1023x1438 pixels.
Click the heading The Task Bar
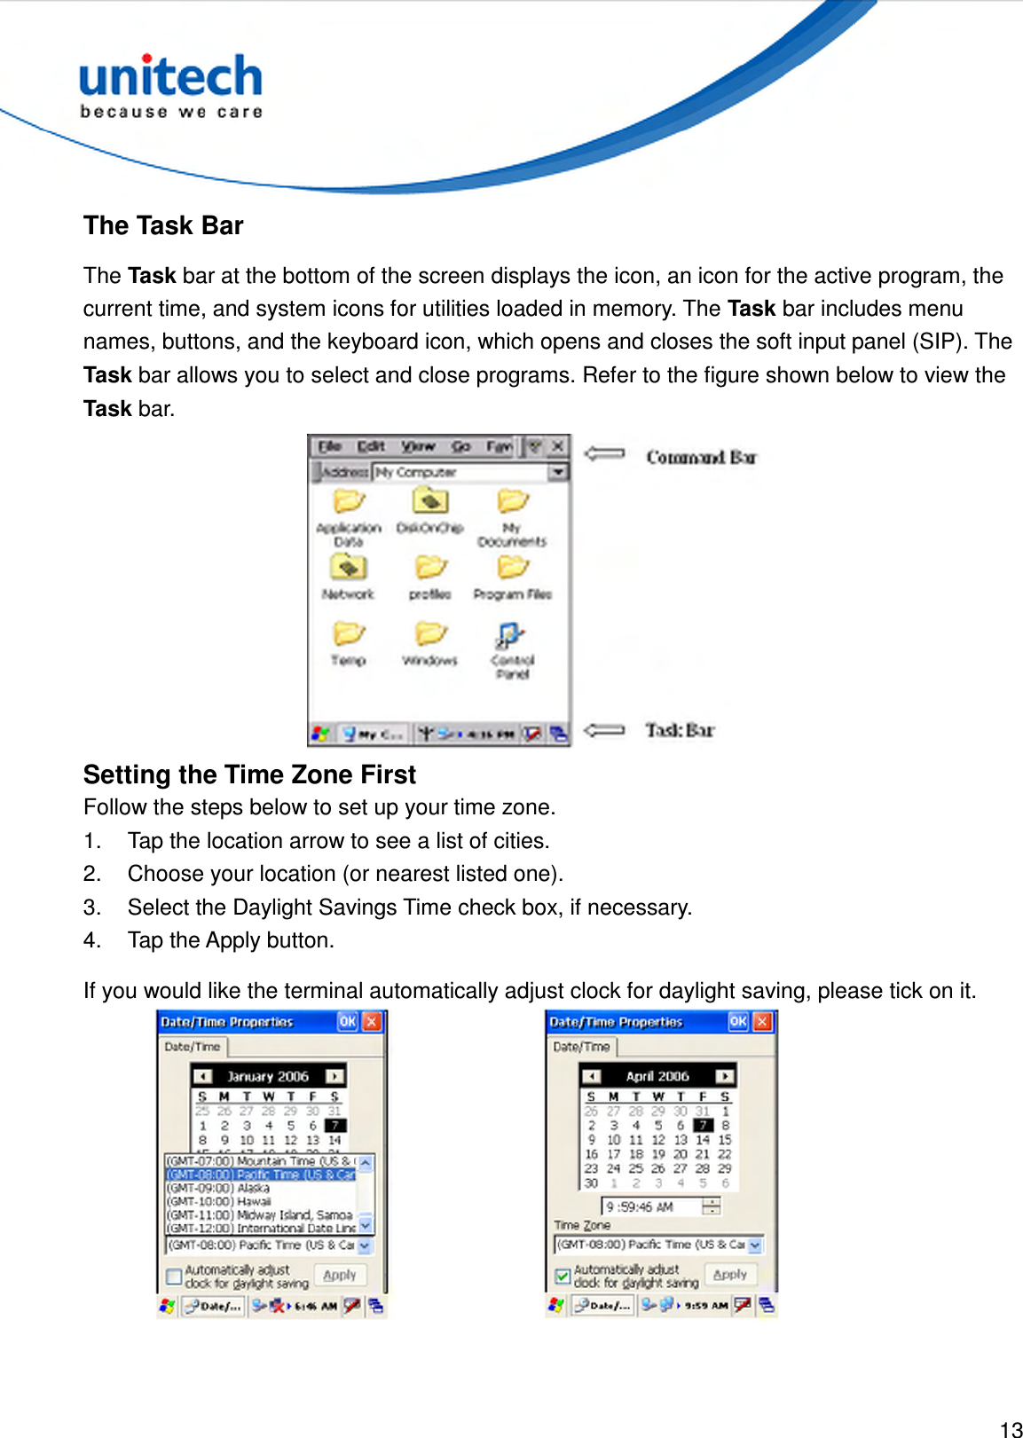pyautogui.click(x=163, y=225)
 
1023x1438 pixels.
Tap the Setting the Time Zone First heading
pyautogui.click(x=249, y=774)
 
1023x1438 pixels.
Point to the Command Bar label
pyautogui.click(x=701, y=457)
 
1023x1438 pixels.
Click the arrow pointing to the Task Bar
pyautogui.click(x=604, y=730)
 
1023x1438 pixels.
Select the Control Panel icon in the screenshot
pyautogui.click(x=510, y=635)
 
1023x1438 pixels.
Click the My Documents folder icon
pyautogui.click(x=512, y=502)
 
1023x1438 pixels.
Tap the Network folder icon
pyautogui.click(x=349, y=568)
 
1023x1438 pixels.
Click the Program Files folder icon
pyautogui.click(x=512, y=568)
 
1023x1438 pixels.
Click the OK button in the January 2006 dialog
pyautogui.click(x=347, y=1022)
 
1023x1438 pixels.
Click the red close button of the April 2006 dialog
pyautogui.click(x=762, y=1022)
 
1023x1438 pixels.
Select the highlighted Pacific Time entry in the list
pyautogui.click(x=260, y=1175)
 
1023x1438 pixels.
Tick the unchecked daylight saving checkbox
pyautogui.click(x=175, y=1277)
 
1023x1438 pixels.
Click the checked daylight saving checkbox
pyautogui.click(x=563, y=1277)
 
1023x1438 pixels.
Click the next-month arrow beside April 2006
pyautogui.click(x=725, y=1076)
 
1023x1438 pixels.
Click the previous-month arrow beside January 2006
pyautogui.click(x=203, y=1076)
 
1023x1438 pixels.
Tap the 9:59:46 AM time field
pyautogui.click(x=652, y=1206)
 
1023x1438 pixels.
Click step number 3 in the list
pyautogui.click(x=91, y=908)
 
